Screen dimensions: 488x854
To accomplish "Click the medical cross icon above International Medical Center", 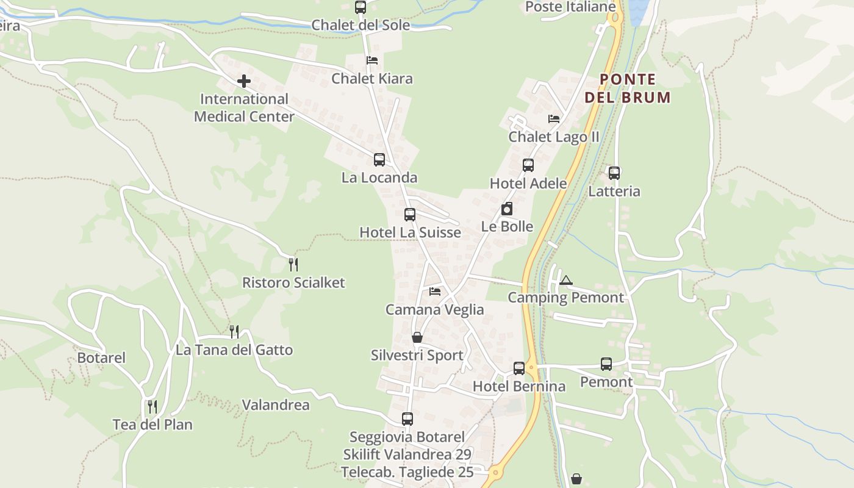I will pos(243,81).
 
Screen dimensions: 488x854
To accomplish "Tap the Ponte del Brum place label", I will pos(628,88).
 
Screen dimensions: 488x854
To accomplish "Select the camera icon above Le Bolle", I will pos(507,209).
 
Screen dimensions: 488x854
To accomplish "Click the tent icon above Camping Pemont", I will pos(566,281).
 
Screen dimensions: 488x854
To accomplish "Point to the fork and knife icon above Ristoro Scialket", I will pos(293,264).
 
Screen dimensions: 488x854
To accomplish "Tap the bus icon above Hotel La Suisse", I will pos(410,215).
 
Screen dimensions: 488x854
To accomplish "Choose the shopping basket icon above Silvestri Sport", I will pos(417,337).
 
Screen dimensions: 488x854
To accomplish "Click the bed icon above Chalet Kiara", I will pos(372,60).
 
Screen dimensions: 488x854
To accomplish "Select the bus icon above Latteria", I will pos(614,173).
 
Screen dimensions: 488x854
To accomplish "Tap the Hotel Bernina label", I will pos(519,386).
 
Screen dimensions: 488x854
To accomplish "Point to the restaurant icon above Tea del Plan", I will pos(152,406).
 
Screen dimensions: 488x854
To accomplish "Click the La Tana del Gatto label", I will pos(234,350).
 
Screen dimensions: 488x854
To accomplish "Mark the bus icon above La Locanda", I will pos(379,160).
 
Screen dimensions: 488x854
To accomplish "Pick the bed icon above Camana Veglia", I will pos(435,292).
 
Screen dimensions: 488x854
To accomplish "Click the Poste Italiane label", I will pos(570,7).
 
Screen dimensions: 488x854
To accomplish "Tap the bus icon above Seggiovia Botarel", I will pos(407,419).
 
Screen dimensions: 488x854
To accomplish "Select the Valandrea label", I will pos(276,405).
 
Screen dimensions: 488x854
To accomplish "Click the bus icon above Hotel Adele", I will pos(528,165).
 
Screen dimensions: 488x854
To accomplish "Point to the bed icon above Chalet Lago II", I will pos(554,119).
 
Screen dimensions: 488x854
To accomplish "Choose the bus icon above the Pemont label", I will pos(606,364).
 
